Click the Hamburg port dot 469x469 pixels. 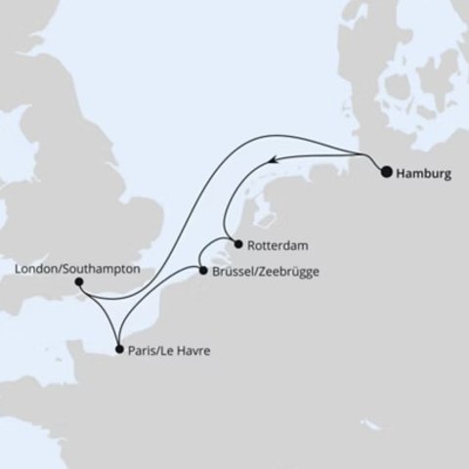tap(387, 173)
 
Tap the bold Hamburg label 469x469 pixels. tap(425, 174)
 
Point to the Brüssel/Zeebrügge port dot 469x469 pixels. tap(201, 271)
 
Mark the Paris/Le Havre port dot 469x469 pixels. tap(118, 348)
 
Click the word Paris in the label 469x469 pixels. tap(141, 349)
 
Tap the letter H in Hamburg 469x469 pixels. tap(402, 174)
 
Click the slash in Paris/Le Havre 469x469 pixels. tap(158, 349)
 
